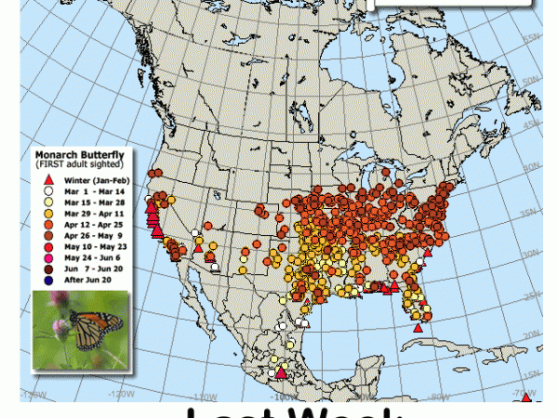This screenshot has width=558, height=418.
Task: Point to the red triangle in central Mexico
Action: (281, 374)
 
